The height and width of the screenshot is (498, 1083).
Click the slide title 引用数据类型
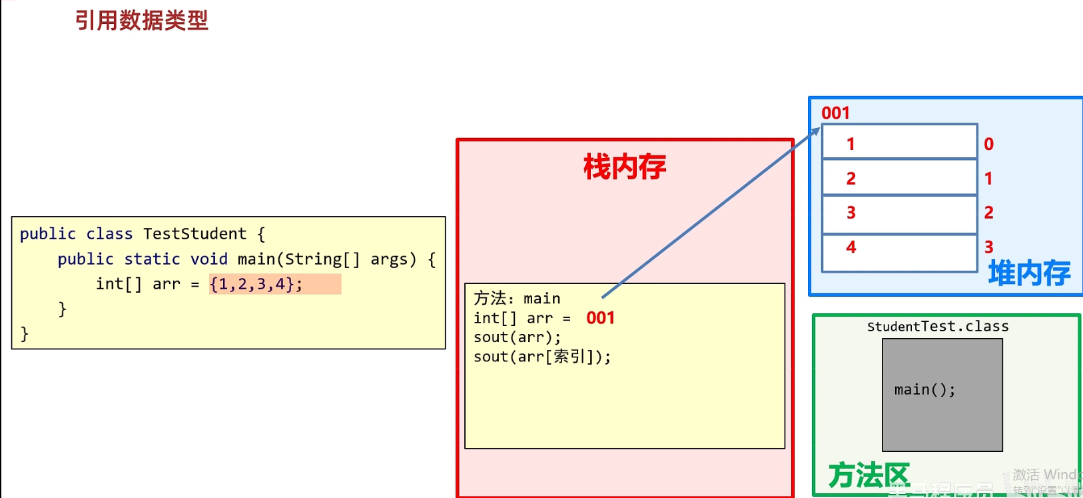pyautogui.click(x=141, y=21)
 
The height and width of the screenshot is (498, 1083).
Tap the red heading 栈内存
pyautogui.click(x=624, y=167)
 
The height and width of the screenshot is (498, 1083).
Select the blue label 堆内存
pyautogui.click(x=1029, y=273)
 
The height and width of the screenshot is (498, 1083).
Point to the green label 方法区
pyautogui.click(x=869, y=476)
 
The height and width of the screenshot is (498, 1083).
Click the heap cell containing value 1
pyautogui.click(x=899, y=142)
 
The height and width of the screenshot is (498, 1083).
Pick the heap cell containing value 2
pyautogui.click(x=899, y=177)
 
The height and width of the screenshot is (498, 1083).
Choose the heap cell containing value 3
pyautogui.click(x=899, y=214)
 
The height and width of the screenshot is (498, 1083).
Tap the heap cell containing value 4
pyautogui.click(x=899, y=252)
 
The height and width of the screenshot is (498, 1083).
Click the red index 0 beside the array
pyautogui.click(x=988, y=144)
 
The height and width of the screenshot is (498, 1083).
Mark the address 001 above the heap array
pyautogui.click(x=835, y=113)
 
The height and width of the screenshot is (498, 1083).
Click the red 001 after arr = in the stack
pyautogui.click(x=600, y=318)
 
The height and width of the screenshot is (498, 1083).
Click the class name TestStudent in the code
pyautogui.click(x=194, y=234)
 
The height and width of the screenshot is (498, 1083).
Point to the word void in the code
pyautogui.click(x=209, y=259)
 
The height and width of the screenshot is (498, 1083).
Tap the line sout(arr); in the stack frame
pyautogui.click(x=517, y=337)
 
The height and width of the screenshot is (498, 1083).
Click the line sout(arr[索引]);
pyautogui.click(x=541, y=357)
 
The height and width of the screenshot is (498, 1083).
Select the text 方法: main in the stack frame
pyautogui.click(x=517, y=298)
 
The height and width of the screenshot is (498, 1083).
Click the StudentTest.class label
pyautogui.click(x=937, y=327)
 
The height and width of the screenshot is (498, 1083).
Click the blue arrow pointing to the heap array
pyautogui.click(x=710, y=213)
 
